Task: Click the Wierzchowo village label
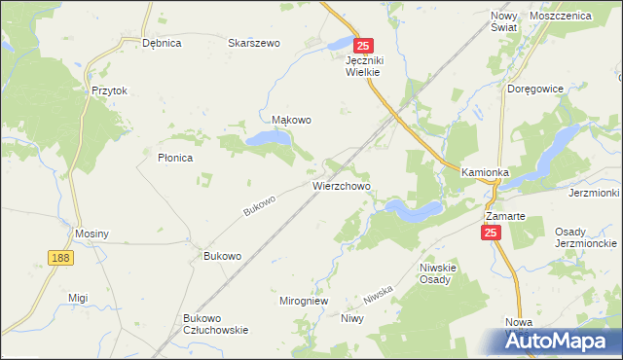click(341, 184)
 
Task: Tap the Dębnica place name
click(163, 44)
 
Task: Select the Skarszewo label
click(253, 44)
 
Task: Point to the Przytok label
click(110, 90)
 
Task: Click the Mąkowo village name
click(291, 121)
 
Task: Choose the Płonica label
click(175, 157)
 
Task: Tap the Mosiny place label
click(92, 234)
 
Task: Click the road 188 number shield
click(60, 256)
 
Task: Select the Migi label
click(78, 298)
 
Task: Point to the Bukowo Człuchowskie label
click(216, 324)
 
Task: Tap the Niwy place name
click(352, 318)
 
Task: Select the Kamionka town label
click(486, 172)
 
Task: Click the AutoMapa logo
click(564, 340)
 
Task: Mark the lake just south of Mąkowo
click(268, 140)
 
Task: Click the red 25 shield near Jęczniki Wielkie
click(363, 45)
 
